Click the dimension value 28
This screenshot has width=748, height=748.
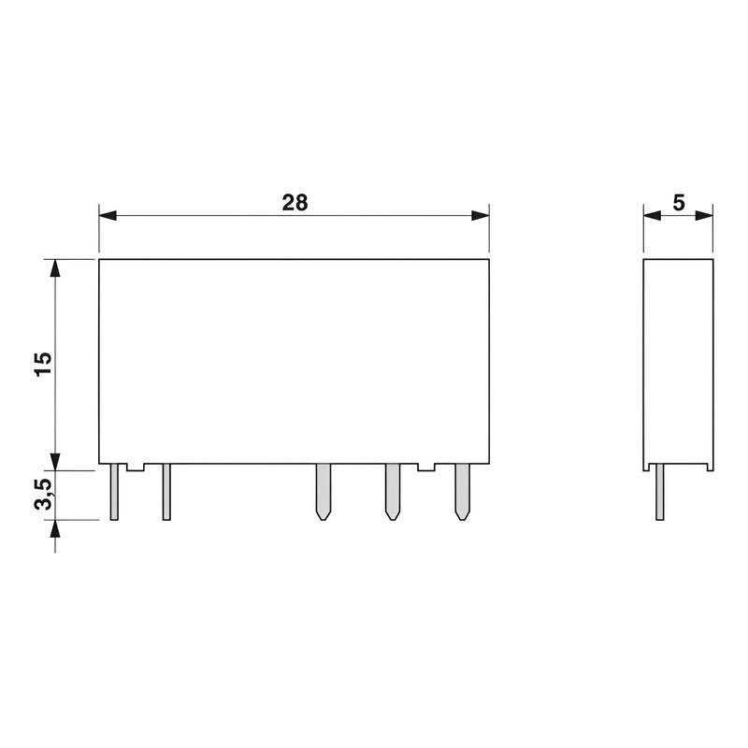[294, 201]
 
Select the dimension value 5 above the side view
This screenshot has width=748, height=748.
[679, 201]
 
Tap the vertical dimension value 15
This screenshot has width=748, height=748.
[43, 364]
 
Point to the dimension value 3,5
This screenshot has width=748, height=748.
[43, 495]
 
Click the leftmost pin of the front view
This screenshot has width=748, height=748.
[114, 492]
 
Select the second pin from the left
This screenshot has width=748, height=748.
[166, 492]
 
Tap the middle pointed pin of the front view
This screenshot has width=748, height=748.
[323, 492]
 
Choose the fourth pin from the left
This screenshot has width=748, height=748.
[392, 492]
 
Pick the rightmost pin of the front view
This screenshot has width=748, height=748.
[461, 492]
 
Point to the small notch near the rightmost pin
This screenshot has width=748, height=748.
[426, 467]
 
